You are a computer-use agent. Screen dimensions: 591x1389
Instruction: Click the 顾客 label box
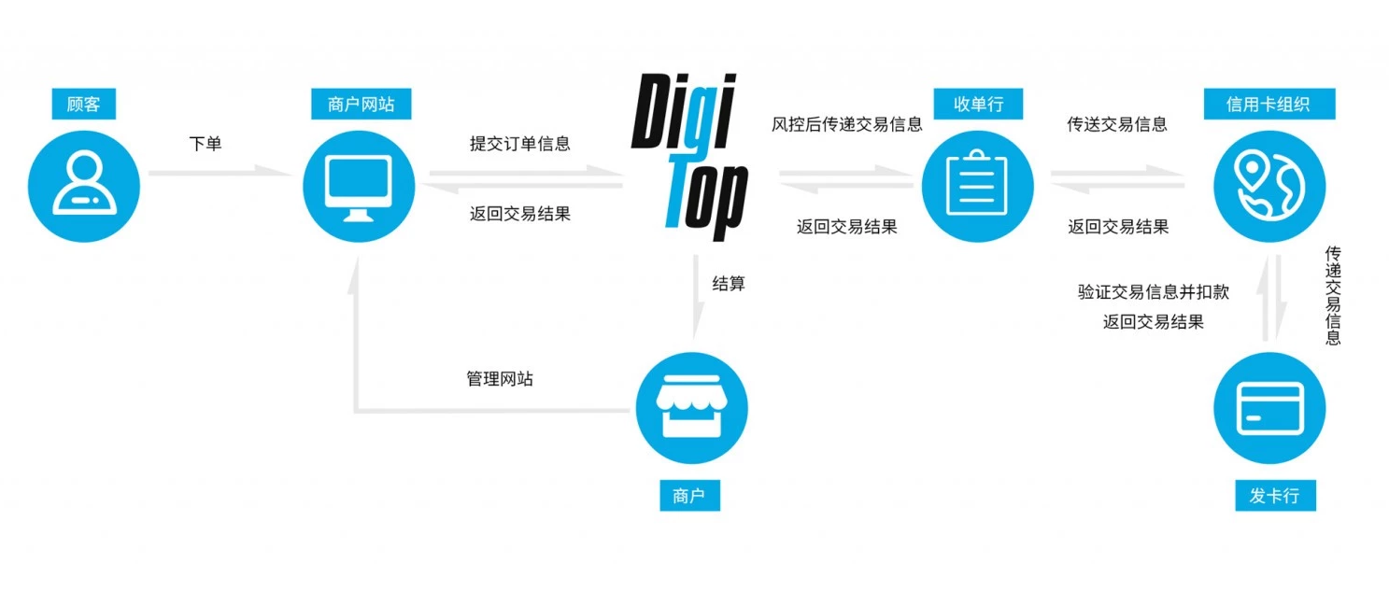coord(84,104)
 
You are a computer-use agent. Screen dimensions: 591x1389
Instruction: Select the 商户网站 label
coord(361,104)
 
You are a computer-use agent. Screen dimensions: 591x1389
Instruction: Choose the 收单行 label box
coord(978,104)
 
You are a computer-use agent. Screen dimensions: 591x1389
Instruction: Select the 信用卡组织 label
coord(1268,104)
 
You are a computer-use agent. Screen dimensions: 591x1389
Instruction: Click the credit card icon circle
coord(1269,408)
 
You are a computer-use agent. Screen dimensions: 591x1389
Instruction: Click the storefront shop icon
coord(692,408)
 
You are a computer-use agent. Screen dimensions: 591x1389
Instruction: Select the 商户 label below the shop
coord(688,495)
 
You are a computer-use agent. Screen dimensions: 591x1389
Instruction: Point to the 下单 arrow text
coord(206,144)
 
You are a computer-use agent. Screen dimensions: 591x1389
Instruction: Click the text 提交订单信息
coord(519,144)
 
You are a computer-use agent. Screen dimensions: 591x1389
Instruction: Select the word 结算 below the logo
coord(729,284)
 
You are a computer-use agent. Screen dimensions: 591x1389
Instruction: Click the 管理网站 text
coord(500,379)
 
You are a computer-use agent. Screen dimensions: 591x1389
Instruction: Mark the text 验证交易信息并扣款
coord(1154,292)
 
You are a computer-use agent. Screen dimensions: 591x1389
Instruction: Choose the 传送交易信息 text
coord(1117,124)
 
